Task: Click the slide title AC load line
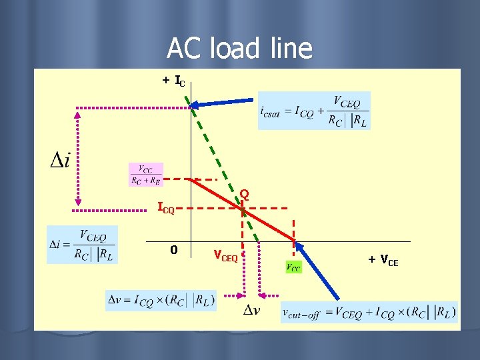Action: point(239,48)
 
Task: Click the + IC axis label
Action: point(175,81)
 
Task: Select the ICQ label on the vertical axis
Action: point(165,208)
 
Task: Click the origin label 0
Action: point(173,250)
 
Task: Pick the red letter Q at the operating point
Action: point(245,194)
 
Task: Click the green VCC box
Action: point(293,267)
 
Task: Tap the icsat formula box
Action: point(313,111)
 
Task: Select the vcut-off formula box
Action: point(369,312)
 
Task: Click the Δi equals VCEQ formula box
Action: point(82,245)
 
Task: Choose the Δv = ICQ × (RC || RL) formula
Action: point(161,300)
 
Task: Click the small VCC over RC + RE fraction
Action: point(145,175)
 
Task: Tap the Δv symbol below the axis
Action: point(251,311)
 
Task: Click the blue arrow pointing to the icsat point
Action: point(223,103)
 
